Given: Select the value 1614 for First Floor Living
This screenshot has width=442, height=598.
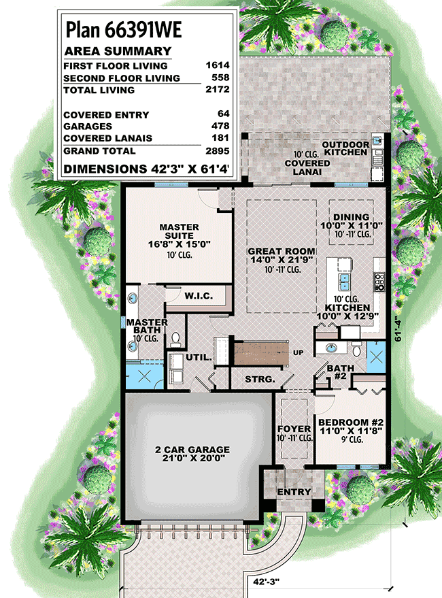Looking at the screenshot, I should pos(219,66).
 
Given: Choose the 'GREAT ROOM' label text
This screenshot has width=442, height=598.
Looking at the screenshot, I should pos(275,251).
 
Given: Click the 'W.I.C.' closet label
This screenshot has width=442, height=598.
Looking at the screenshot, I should pos(199,296).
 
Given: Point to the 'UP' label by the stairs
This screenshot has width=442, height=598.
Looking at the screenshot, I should pos(298,353).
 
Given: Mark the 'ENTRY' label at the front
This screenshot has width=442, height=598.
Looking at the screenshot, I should pos(294,492).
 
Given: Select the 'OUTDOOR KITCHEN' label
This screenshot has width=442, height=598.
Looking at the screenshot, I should pos(345,148).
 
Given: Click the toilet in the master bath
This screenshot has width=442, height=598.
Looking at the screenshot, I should pos(176,338).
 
